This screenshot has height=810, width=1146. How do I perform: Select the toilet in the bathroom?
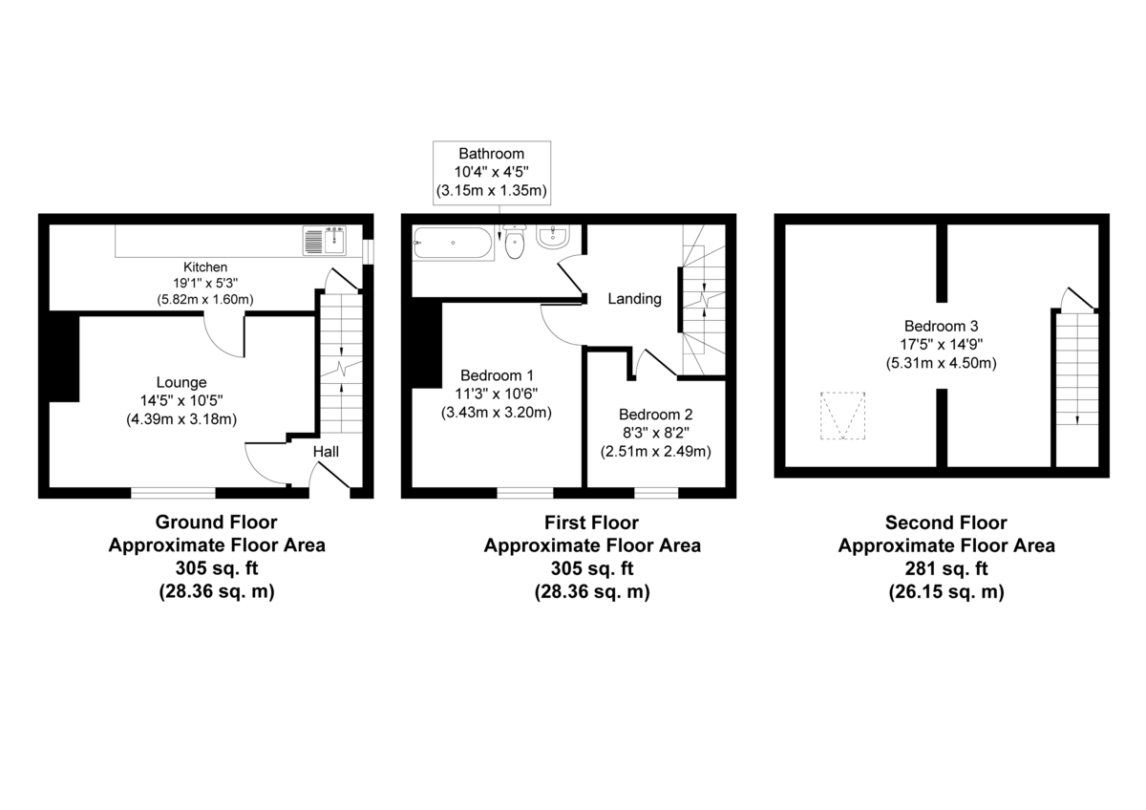click(x=515, y=243)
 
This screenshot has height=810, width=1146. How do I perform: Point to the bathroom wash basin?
click(x=554, y=238)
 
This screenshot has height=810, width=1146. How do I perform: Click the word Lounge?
click(x=181, y=382)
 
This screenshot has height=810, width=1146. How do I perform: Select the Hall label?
click(x=327, y=452)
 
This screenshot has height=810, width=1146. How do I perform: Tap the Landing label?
click(x=635, y=299)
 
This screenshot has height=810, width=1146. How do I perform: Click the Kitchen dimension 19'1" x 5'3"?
click(x=205, y=283)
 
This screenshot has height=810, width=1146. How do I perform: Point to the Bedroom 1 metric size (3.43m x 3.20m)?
click(x=497, y=413)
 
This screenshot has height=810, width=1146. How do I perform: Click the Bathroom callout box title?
click(x=491, y=153)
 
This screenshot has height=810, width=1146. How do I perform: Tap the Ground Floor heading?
click(x=216, y=522)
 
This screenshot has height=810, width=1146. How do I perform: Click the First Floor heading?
click(x=591, y=522)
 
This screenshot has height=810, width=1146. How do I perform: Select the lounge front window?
click(x=173, y=493)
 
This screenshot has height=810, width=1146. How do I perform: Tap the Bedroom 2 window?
click(x=656, y=493)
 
